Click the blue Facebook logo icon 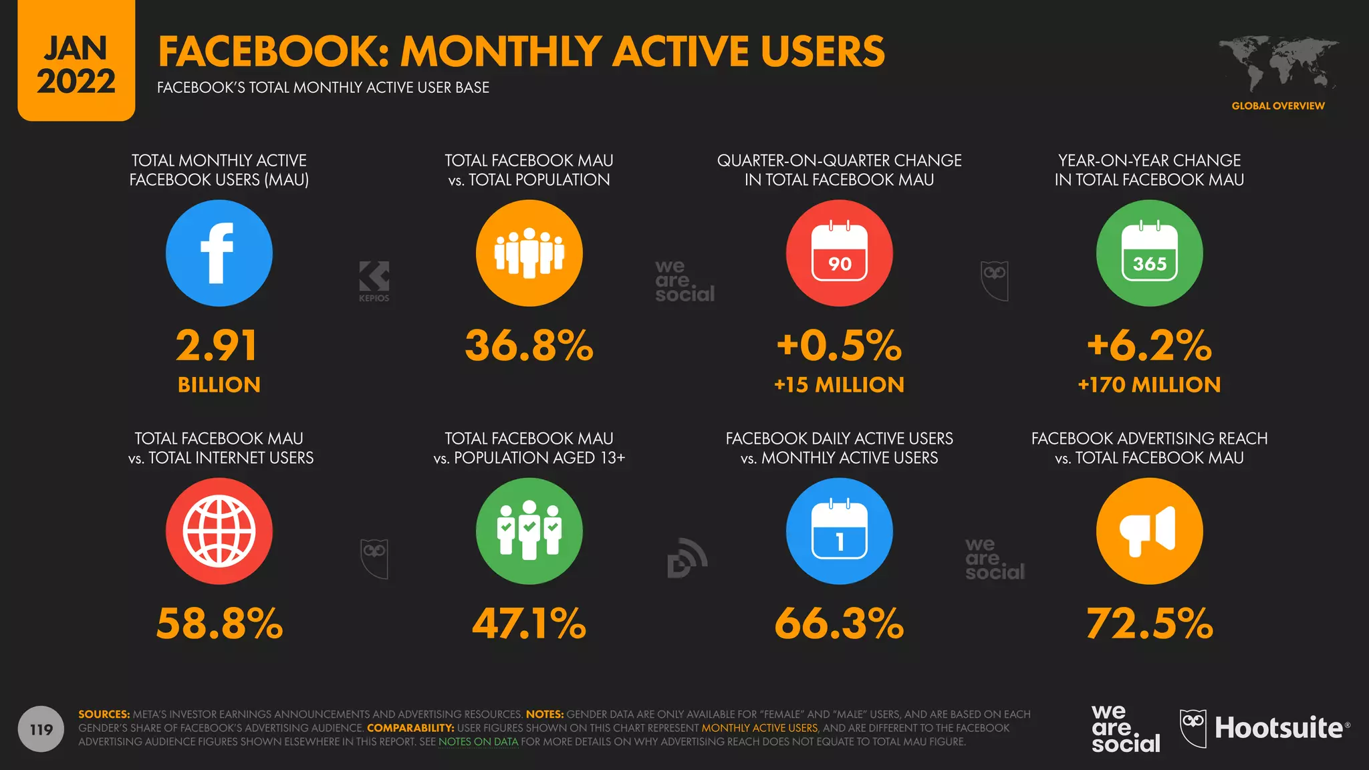[219, 253]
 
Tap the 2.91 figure [217, 346]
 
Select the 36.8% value [529, 346]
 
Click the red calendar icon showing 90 [839, 253]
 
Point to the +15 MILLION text [839, 385]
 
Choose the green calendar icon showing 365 [1149, 253]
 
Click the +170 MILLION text [1149, 385]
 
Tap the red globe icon [219, 531]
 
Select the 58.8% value [219, 624]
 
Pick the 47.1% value [529, 624]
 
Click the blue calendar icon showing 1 [839, 531]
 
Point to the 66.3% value [839, 624]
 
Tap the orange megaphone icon [1149, 531]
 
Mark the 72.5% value [1149, 624]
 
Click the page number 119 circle [41, 729]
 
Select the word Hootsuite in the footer [1279, 728]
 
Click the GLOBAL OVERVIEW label [1278, 106]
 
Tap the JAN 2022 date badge [76, 64]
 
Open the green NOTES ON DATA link [478, 742]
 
